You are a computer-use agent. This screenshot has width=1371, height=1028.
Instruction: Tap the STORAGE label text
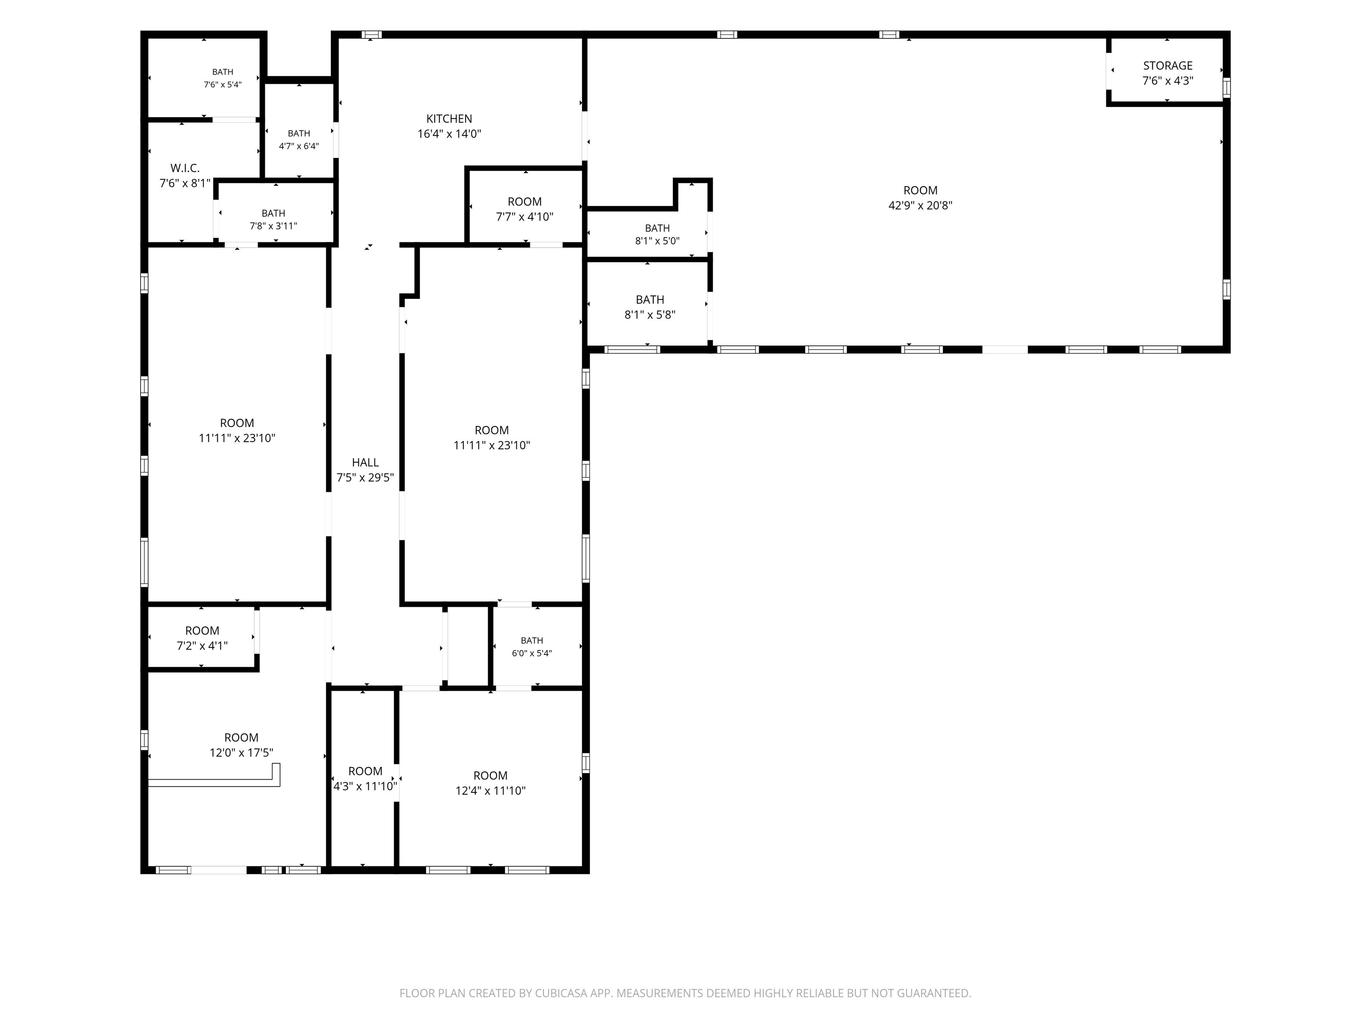tap(1167, 66)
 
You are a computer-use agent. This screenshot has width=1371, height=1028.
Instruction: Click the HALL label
tap(365, 462)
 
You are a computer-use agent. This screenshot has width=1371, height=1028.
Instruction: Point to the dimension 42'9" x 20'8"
tap(920, 205)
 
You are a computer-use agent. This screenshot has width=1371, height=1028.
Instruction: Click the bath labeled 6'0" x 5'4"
tap(532, 647)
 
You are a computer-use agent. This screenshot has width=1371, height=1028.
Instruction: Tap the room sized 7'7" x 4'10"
tap(524, 209)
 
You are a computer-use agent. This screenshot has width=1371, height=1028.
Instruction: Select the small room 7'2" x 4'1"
tap(202, 638)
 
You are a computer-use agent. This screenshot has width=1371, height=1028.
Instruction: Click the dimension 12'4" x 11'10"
tap(490, 791)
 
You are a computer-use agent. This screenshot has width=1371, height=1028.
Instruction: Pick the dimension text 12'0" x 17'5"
tap(241, 753)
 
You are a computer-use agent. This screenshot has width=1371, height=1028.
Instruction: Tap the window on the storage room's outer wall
tap(1226, 87)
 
